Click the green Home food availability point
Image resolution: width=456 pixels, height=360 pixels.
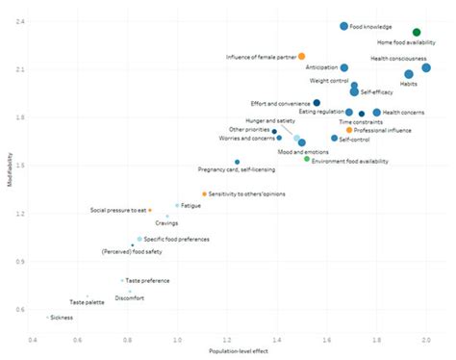[x=417, y=32]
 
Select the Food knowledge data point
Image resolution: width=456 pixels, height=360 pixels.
[x=343, y=26]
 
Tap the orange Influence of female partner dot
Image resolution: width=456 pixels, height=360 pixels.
[x=301, y=57]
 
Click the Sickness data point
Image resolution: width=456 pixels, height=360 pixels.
[x=48, y=317]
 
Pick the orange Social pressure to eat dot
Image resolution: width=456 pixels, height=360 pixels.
[x=149, y=210]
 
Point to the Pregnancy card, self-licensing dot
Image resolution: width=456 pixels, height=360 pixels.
[x=237, y=162]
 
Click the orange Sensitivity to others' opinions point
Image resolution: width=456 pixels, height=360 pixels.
[x=204, y=194]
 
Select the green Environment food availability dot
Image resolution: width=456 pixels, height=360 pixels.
[x=307, y=159]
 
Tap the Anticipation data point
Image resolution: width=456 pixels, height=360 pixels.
[x=344, y=68]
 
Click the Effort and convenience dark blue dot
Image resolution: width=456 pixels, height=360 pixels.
[x=317, y=103]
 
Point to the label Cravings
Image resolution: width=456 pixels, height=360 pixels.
[x=166, y=223]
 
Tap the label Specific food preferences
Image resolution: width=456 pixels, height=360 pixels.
[x=178, y=238]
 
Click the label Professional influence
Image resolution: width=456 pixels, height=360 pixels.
[x=385, y=130]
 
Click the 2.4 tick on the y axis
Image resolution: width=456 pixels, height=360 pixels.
[x=21, y=21]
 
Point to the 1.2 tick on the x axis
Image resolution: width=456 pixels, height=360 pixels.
[x=231, y=340]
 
